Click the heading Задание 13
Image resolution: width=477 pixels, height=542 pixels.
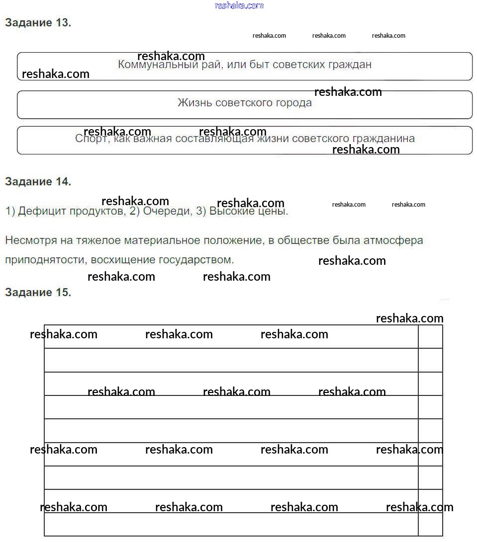coord(38,23)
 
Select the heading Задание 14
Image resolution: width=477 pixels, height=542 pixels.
coord(38,182)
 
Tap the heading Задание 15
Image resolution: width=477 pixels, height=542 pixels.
coord(38,292)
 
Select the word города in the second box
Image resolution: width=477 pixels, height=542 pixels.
coord(293,103)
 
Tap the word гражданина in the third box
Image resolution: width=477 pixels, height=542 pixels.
coord(383,139)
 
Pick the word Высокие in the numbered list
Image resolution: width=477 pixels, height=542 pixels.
coord(229,211)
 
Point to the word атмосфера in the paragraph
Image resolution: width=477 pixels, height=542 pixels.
coord(397,240)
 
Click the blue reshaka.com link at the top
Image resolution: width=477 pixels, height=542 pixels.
coord(239,5)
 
